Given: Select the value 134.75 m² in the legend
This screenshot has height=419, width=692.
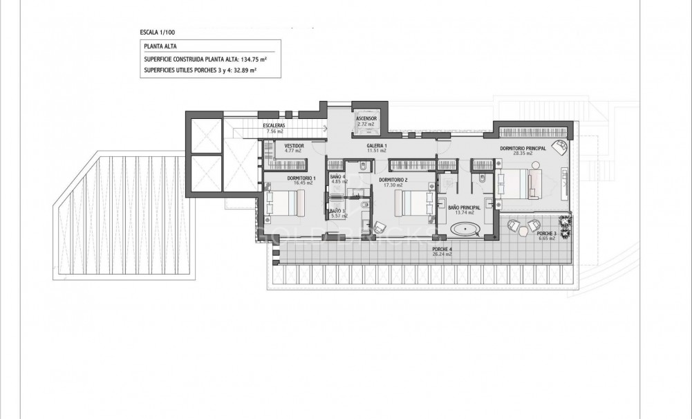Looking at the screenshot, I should click(252, 59).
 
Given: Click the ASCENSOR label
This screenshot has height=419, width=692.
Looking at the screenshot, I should click(366, 119).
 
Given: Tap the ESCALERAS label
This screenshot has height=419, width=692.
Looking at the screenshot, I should click(274, 125).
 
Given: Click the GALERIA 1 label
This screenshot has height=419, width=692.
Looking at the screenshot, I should click(376, 146).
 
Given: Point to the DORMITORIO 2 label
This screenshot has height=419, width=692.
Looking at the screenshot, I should click(393, 180).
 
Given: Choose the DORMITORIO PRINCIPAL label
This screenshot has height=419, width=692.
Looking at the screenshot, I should click(523, 149).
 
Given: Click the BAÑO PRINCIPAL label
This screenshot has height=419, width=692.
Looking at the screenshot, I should click(464, 207).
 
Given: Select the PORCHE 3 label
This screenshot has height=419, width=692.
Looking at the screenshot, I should click(545, 234).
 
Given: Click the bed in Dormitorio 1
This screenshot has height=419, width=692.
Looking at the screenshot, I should click(286, 203).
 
